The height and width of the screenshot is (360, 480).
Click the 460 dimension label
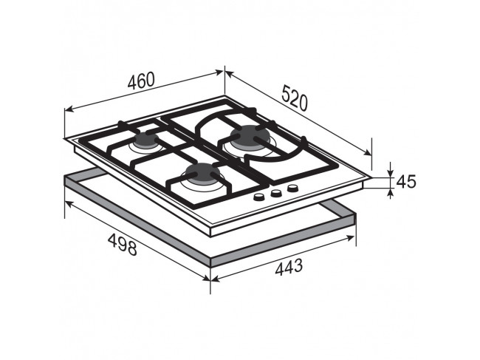coord(141,81)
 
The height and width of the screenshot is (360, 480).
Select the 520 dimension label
coord(294,98)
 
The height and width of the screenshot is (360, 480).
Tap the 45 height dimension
coord(406,181)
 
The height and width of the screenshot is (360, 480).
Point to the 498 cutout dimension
coord(122,244)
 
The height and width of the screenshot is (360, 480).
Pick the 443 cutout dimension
coord(289,267)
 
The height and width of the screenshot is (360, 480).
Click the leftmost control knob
coord(259,197)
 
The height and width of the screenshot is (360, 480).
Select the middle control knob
coord(276,193)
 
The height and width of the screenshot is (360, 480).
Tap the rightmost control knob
coord(292,188)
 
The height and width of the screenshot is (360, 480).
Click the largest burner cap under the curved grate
coord(250,136)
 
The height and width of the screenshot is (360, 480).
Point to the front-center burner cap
coord(201,173)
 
